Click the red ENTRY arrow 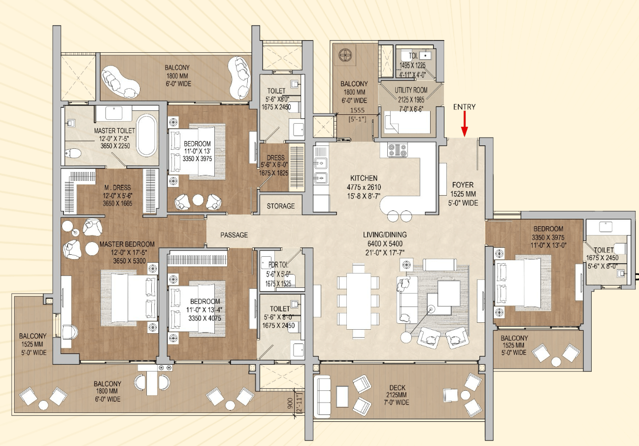click(x=465, y=124)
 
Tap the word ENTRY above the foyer click(x=465, y=107)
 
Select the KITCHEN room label click(x=364, y=178)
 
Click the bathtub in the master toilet click(x=146, y=136)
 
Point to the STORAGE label click(x=281, y=206)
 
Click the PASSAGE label click(x=234, y=235)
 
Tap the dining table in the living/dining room click(x=359, y=301)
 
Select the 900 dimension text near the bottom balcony click(x=290, y=403)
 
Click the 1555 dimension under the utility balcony click(x=357, y=110)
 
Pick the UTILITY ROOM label click(x=411, y=90)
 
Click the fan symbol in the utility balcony click(x=345, y=55)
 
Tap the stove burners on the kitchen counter click(x=397, y=150)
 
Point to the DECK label click(x=398, y=388)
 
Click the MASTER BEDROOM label click(x=127, y=244)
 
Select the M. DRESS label click(x=118, y=188)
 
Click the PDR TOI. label click(x=278, y=265)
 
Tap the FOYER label click(x=463, y=185)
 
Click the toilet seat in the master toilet click(x=73, y=154)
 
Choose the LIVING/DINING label click(x=385, y=235)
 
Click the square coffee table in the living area click(x=449, y=293)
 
